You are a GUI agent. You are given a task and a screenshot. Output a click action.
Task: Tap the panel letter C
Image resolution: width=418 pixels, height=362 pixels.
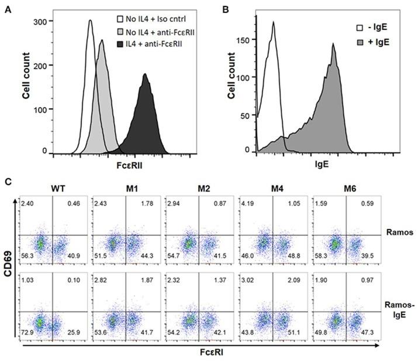(8, 182)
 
